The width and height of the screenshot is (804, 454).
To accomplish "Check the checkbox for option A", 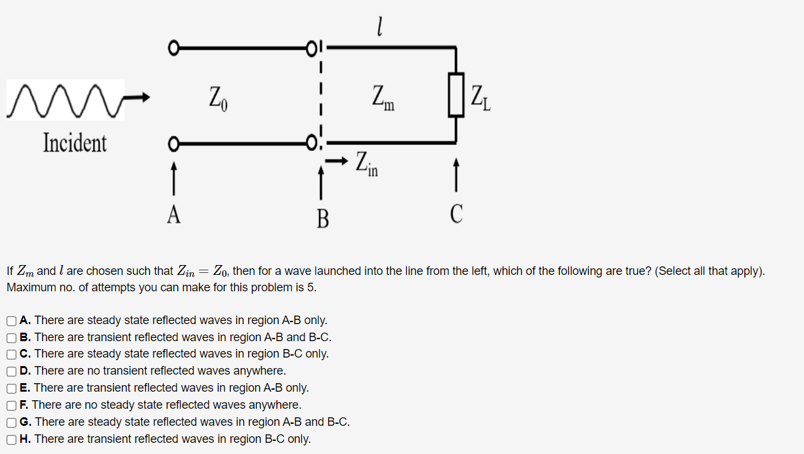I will pos(12,321).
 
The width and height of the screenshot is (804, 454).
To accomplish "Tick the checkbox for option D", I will pos(12,371).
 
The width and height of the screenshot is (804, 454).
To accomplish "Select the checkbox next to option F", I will pos(12,405).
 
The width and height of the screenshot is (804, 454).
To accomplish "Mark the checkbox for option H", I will pos(12,440).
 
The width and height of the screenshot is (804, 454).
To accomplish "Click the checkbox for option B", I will pos(12,338).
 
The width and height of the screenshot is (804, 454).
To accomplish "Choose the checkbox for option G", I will pos(12,423).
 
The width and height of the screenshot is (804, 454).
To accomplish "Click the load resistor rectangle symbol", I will pos(456,95).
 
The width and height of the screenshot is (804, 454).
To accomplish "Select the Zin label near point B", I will pos(367,163).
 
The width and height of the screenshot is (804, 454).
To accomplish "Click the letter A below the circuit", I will pos(173,215).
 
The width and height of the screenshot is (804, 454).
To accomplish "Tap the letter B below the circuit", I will pos(322,218).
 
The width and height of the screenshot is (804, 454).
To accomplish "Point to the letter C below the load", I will pos(457,214).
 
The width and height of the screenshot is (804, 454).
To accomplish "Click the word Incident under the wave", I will pos(75,142).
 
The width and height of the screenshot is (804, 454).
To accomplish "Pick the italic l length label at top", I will pos(379,26).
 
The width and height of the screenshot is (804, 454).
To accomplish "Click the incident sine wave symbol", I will pos(66,100).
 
